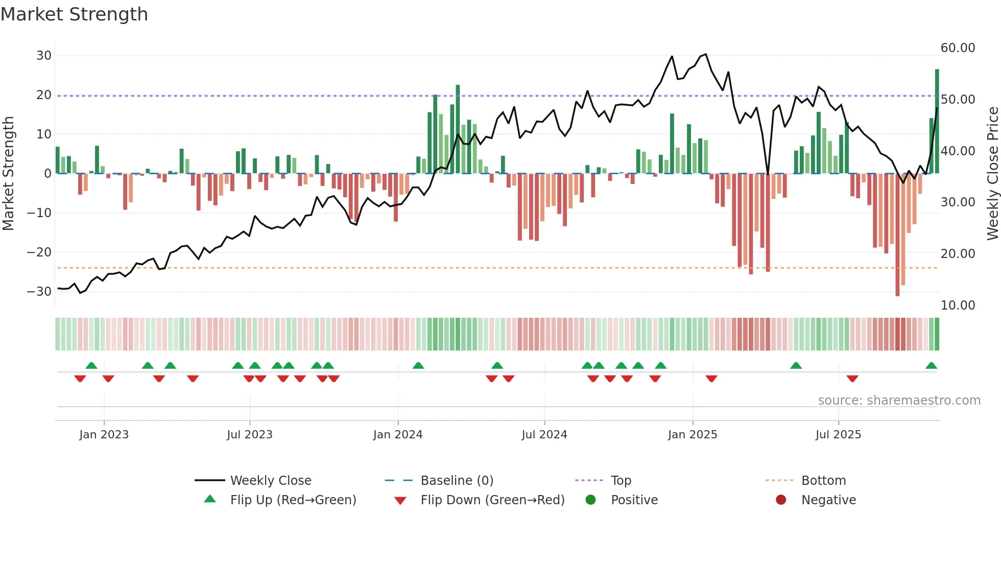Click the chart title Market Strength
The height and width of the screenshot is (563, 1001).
point(74,14)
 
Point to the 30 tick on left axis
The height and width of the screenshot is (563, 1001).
point(44,56)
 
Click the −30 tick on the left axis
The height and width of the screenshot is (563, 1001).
point(39,292)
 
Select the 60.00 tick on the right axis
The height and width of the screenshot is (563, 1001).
point(958,48)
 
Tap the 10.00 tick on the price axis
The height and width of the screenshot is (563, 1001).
point(958,306)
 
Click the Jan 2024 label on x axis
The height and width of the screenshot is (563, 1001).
point(397,435)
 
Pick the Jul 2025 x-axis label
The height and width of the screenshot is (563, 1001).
point(838,435)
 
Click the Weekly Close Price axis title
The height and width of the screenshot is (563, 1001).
point(992,174)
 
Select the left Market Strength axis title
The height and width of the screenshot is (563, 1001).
point(8,174)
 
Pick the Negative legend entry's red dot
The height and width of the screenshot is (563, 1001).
point(781,500)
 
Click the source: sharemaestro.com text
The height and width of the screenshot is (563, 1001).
point(899,401)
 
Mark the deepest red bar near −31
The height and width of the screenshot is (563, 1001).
point(897,235)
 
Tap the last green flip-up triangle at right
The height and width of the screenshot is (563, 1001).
point(931,366)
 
